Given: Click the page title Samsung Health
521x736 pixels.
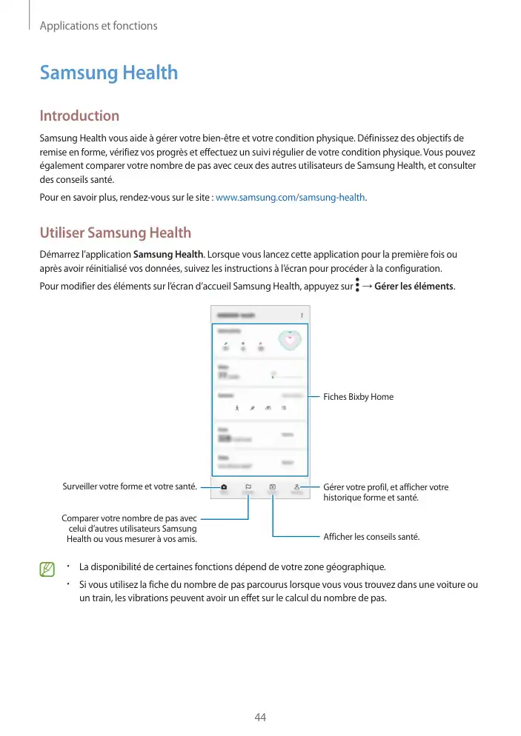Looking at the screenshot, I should (x=108, y=73).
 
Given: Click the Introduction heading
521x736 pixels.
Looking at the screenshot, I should (x=79, y=116).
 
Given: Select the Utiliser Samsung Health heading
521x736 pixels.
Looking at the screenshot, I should (x=115, y=233).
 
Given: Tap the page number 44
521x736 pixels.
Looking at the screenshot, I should (x=260, y=717).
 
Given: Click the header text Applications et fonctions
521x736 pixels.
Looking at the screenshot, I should (x=98, y=26).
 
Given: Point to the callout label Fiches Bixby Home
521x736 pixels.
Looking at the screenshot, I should (x=358, y=397).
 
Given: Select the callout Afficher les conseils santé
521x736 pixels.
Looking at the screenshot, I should (x=371, y=536).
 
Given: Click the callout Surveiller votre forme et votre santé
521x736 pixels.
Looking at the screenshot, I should (x=129, y=486).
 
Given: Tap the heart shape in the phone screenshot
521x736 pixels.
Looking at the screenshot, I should (x=289, y=341).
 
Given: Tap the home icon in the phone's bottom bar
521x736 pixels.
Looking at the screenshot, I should (x=224, y=486).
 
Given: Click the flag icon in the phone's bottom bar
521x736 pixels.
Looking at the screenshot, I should (x=248, y=486).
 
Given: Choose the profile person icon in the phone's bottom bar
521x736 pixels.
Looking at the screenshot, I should (x=296, y=486).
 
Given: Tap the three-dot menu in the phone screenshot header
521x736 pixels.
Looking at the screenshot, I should (x=302, y=315).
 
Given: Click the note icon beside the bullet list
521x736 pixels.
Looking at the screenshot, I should (x=48, y=569).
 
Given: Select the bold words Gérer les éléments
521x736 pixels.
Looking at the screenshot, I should (x=414, y=287).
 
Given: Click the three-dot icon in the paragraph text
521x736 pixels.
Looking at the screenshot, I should (x=357, y=286).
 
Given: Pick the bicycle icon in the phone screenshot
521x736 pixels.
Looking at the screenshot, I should (x=268, y=408).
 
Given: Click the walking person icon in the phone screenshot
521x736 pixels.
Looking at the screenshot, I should (x=237, y=408).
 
